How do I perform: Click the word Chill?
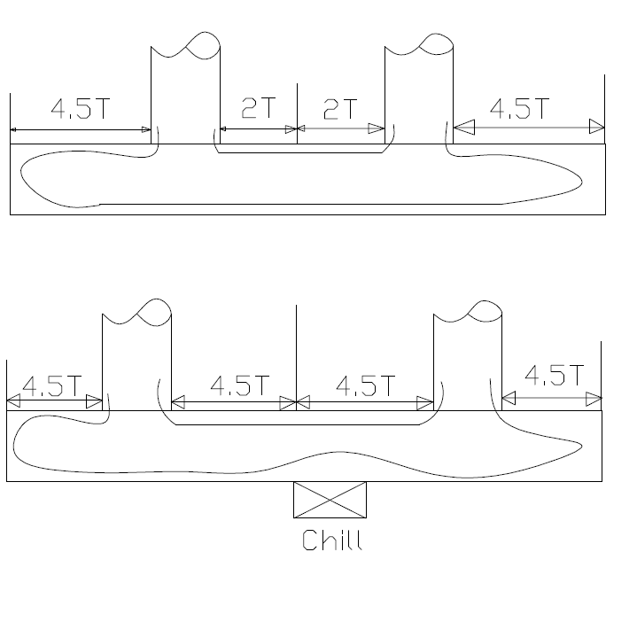332,540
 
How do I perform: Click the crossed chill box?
330,500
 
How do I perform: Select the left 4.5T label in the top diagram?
81,109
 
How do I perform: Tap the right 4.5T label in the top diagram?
519,109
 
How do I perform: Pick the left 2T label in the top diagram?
258,109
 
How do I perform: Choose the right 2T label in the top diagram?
340,109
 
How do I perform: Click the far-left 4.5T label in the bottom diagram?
51,386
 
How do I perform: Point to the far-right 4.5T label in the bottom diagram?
554,374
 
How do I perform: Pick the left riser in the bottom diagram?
136,359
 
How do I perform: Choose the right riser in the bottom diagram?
467,359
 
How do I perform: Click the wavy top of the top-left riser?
185,43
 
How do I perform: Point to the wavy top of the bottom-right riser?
468,312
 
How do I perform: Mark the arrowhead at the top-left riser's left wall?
146,130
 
